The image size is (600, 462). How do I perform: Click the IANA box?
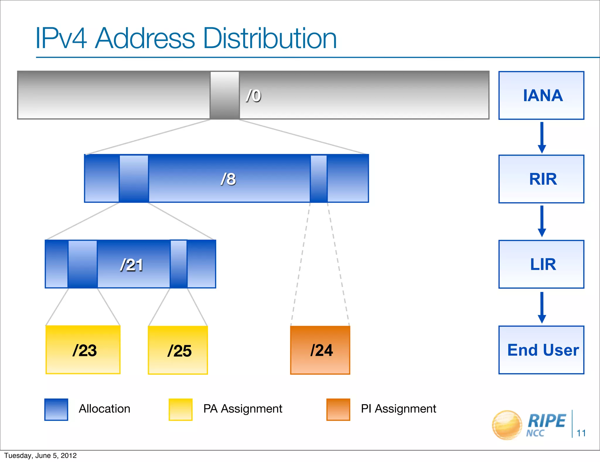[x=541, y=95]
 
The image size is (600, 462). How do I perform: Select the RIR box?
[x=541, y=179]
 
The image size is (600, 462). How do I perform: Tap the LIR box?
[x=541, y=264]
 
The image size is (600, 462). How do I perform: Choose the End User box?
[x=541, y=350]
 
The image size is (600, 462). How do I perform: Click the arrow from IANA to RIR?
[x=542, y=137]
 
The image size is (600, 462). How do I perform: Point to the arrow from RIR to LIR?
[x=542, y=221]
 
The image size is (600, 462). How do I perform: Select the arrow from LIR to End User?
[x=542, y=307]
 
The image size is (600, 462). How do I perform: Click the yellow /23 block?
[x=83, y=350]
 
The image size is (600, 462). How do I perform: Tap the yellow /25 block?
[x=178, y=350]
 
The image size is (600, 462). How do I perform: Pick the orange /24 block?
[x=320, y=350]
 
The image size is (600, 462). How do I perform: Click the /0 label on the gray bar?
[x=253, y=96]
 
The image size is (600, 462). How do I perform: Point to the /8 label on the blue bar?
[x=228, y=179]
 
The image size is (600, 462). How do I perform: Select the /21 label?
[x=132, y=265]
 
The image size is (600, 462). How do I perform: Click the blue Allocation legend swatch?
[x=56, y=410]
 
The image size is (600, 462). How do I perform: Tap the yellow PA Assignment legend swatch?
[x=180, y=410]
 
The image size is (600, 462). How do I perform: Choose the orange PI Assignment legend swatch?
[x=338, y=410]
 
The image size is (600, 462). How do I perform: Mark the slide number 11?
[x=581, y=433]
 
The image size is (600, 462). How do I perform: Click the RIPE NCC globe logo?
[x=507, y=425]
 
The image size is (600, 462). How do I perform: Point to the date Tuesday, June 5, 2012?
[x=40, y=456]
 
